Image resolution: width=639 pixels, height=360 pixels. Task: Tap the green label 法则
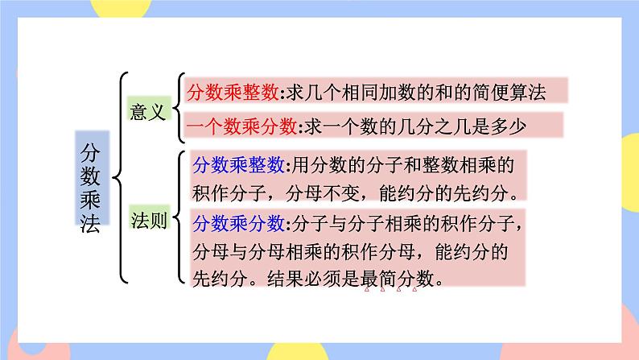(149, 220)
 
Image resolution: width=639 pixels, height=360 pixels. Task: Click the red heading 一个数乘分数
(241, 125)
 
